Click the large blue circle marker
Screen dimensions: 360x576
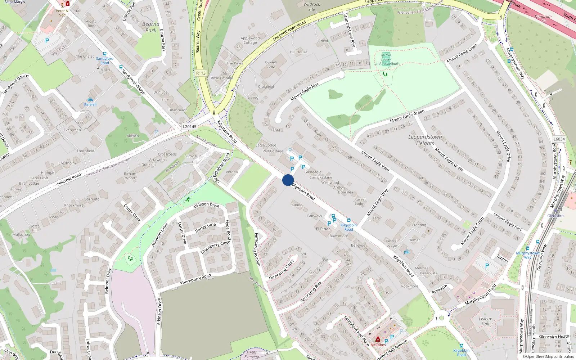point(288,180)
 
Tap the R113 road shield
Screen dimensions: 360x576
point(201,73)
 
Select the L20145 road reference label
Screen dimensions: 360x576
point(189,127)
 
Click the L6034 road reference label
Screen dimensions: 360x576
point(559,139)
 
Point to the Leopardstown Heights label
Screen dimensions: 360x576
point(425,140)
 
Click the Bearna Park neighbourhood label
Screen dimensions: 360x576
point(151,27)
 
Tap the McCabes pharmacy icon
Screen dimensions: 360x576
point(378,339)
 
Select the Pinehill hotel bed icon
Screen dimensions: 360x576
point(90,100)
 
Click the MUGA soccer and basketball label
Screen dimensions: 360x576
point(386,59)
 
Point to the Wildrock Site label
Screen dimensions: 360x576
point(311,7)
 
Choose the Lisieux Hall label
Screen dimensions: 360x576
point(485,321)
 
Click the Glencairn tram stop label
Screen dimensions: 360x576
point(555,216)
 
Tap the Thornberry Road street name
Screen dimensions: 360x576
point(195,279)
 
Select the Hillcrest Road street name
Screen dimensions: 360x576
point(69,179)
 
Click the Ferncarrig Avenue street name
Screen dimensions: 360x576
point(257,249)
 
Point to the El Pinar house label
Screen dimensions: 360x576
point(323,229)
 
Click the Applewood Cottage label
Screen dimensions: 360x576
point(250,40)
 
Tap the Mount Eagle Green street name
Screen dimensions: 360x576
point(407,116)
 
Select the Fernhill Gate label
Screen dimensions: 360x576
point(271,65)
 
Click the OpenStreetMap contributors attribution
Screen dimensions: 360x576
point(550,357)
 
